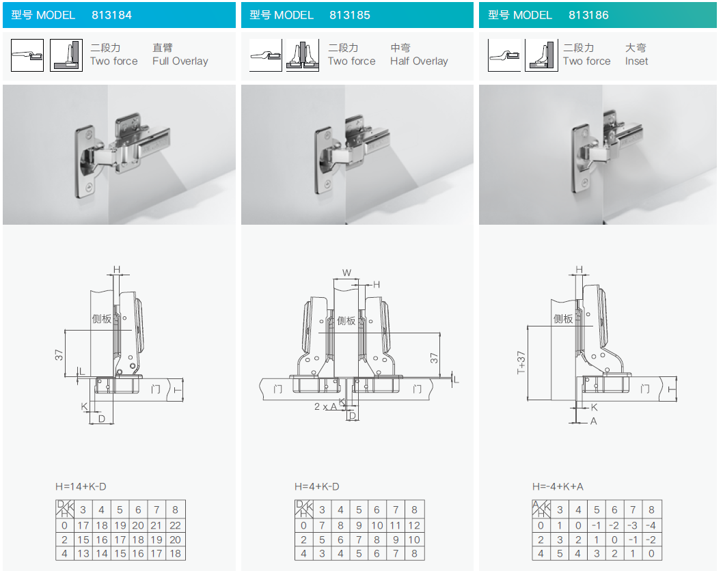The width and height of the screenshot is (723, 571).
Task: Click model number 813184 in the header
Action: tap(111, 15)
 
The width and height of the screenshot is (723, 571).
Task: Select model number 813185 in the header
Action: tap(349, 15)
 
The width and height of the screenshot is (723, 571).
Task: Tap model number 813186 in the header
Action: tap(588, 15)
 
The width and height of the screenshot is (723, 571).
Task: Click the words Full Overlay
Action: tap(180, 61)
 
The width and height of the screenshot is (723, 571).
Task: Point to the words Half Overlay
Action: tap(419, 61)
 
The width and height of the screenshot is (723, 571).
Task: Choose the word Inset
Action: tap(636, 61)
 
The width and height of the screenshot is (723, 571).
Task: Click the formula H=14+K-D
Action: tap(81, 487)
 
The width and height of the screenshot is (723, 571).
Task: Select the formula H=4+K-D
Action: tap(317, 487)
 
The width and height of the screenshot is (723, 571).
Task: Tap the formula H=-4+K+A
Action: tap(558, 487)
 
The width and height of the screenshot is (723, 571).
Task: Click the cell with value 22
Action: tap(175, 525)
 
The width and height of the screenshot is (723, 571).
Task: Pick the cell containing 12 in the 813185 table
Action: tap(414, 525)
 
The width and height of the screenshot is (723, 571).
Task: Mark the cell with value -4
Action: tap(651, 525)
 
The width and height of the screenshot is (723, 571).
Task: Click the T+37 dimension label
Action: tap(521, 363)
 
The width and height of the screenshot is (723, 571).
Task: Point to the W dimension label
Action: tap(346, 273)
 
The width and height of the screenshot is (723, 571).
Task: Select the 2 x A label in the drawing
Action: tap(325, 406)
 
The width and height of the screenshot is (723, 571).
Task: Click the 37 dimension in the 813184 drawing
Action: tap(59, 355)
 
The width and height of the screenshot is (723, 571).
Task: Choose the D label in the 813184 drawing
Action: tap(102, 419)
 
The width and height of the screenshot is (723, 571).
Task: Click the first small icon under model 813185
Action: tap(266, 55)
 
